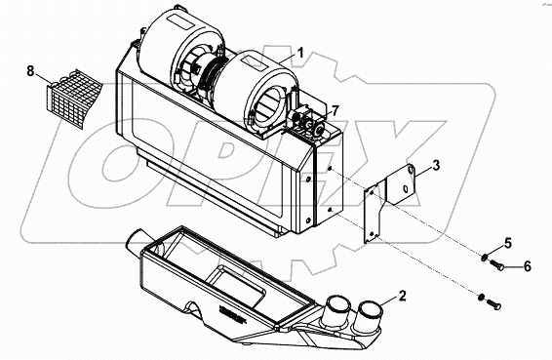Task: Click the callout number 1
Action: tap(301, 51)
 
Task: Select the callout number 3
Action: tap(436, 166)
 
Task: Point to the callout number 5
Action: tap(506, 242)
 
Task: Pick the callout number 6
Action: tap(528, 265)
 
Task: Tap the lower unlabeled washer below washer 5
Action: tap(482, 295)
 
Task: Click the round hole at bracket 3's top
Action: tap(411, 172)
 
